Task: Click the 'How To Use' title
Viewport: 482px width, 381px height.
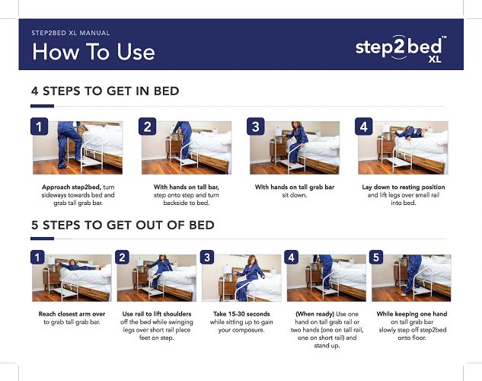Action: (93, 52)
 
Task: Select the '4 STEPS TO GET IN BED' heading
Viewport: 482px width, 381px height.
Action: (105, 91)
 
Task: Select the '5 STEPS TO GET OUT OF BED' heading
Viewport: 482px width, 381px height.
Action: (123, 225)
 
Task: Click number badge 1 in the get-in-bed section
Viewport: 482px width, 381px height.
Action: (40, 127)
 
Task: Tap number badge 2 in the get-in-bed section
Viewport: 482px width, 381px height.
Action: (148, 127)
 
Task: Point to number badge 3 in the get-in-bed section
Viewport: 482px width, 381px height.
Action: (257, 127)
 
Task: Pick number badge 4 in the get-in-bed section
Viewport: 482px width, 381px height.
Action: (365, 127)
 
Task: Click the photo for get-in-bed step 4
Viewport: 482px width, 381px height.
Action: (404, 148)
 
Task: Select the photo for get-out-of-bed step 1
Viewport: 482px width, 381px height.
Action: (72, 278)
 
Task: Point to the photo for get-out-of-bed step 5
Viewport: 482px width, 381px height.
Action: (411, 278)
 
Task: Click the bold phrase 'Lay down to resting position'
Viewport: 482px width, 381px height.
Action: (404, 187)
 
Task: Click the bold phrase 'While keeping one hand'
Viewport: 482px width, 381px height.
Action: (412, 313)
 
